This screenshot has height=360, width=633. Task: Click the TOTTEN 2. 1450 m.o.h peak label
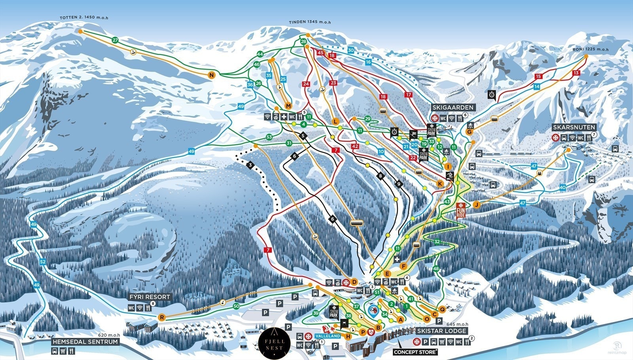(x=84, y=18)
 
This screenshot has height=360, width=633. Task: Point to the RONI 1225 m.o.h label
(x=590, y=49)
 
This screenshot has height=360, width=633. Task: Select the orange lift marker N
(x=212, y=75)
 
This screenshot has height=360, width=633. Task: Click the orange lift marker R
(x=161, y=317)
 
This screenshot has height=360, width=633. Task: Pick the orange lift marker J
(x=476, y=205)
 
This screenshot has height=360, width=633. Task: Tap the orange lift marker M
(x=288, y=106)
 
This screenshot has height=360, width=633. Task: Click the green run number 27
(x=115, y=40)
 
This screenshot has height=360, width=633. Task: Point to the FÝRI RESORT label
(x=150, y=297)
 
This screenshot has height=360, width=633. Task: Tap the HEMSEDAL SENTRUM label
(x=85, y=341)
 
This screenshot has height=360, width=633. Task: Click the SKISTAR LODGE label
(x=442, y=331)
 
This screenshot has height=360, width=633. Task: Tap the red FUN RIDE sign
(x=460, y=210)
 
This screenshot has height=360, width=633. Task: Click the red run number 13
(x=576, y=73)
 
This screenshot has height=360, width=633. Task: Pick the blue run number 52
(x=43, y=262)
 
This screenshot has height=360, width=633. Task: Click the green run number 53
(x=269, y=137)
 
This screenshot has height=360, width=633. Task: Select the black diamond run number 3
(x=250, y=165)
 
